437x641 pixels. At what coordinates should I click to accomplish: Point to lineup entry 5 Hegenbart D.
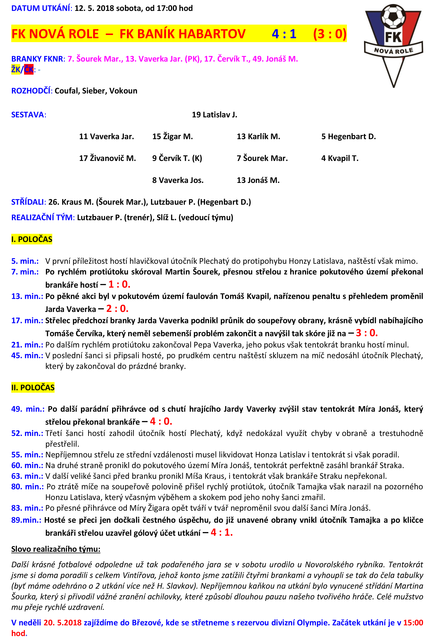tap(349, 136)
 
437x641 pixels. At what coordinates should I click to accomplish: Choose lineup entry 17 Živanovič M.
tap(108, 158)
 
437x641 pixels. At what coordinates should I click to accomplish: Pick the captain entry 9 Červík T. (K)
tap(177, 158)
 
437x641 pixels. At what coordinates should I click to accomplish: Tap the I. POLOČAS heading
tap(32, 239)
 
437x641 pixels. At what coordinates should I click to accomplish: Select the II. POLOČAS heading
tap(33, 388)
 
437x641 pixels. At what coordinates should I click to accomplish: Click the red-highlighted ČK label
tap(29, 70)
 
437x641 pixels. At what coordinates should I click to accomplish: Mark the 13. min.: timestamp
tap(27, 296)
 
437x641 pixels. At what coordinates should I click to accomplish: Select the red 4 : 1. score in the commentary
tap(222, 532)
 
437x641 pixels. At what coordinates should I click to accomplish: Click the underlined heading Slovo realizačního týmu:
tap(56, 549)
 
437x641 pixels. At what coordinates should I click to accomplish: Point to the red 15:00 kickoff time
tap(413, 622)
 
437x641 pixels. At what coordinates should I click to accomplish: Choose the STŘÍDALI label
tap(28, 202)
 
